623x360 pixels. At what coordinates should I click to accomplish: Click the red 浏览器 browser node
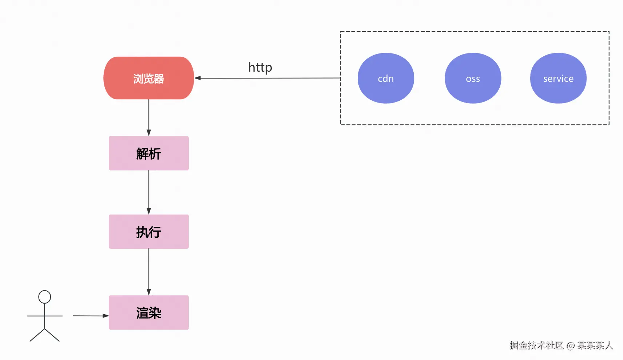[x=148, y=78]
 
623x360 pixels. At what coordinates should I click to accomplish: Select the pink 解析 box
[x=148, y=153]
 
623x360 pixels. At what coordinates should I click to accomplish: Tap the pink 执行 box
[x=148, y=232]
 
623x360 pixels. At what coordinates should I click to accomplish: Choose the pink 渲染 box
[x=148, y=312]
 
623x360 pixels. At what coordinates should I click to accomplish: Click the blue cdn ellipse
[x=386, y=78]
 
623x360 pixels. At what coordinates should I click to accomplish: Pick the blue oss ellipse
[x=473, y=78]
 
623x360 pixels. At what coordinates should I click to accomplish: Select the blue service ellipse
[x=558, y=78]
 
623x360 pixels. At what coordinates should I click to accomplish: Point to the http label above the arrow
[x=260, y=67]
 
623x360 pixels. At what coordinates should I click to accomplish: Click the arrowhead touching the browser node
[x=198, y=78]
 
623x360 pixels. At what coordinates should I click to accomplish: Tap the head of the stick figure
[x=44, y=297]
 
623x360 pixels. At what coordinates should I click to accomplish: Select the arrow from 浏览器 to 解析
[x=148, y=116]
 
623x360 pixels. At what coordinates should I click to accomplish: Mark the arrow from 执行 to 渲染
[x=148, y=271]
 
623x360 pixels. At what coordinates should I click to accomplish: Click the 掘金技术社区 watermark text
[x=536, y=345]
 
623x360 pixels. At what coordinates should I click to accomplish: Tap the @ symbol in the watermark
[x=570, y=345]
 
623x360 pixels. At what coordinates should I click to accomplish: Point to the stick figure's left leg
[x=37, y=335]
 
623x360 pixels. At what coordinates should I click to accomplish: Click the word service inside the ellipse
[x=558, y=79]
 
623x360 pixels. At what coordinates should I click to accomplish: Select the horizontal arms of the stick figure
[x=44, y=316]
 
